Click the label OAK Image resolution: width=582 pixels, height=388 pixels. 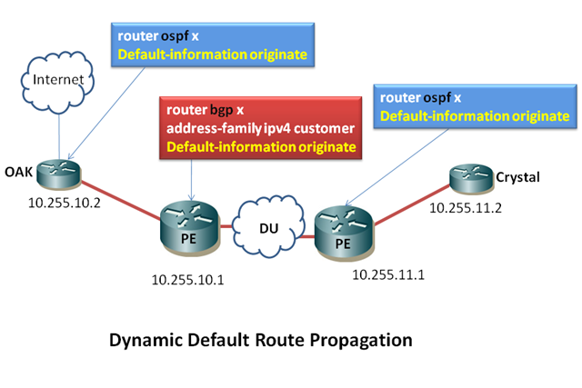pos(18,170)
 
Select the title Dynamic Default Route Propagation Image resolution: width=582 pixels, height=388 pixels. pos(261,341)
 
